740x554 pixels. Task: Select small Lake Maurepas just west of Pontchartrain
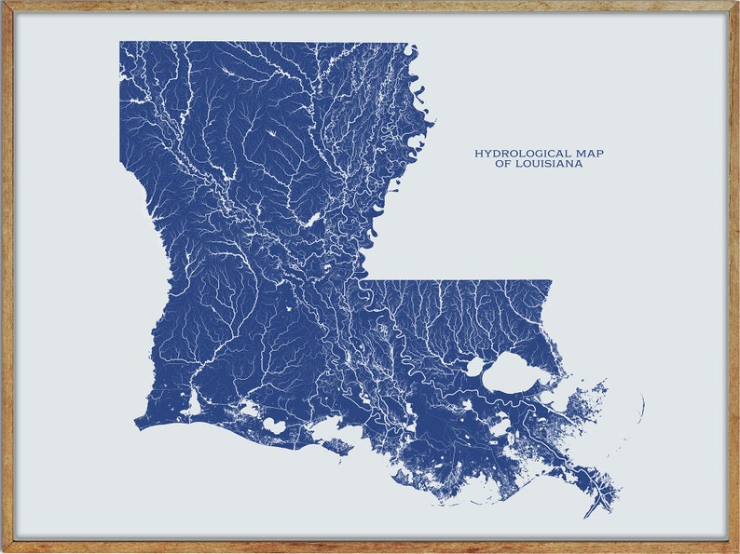474,367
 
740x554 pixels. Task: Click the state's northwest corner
120,42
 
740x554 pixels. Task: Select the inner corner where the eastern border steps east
361,280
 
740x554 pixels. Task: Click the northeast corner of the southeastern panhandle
551,281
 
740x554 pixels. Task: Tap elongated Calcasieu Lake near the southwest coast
194,405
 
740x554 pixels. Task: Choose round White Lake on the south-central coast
273,425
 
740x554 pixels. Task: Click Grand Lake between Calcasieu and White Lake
249,408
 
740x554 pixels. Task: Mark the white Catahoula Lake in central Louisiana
310,220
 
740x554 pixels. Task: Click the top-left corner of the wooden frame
3,3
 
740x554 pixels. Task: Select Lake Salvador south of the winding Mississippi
500,427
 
